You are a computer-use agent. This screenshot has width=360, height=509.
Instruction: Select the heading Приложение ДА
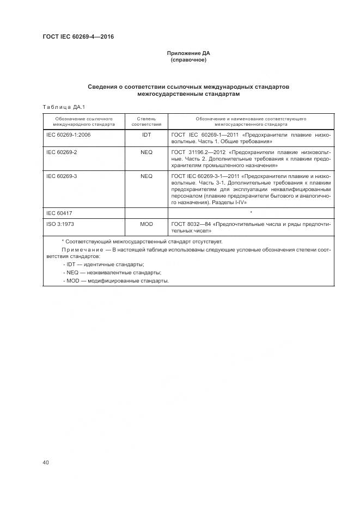[x=188, y=53]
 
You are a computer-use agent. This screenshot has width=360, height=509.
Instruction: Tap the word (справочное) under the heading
[x=188, y=60]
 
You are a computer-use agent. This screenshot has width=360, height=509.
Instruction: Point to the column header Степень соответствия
[x=147, y=121]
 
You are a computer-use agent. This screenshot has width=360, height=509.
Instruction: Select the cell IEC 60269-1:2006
[x=68, y=134]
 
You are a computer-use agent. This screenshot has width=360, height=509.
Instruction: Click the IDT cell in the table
[x=147, y=134]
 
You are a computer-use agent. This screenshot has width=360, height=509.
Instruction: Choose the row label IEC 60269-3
[x=62, y=176]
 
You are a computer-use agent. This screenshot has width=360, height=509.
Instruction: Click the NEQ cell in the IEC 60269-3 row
[x=147, y=176]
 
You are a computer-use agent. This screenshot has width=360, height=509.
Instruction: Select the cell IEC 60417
[x=60, y=213]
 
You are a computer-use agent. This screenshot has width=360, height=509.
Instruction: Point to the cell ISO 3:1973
[x=60, y=224]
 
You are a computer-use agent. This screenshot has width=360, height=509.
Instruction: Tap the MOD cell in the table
[x=147, y=224]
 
